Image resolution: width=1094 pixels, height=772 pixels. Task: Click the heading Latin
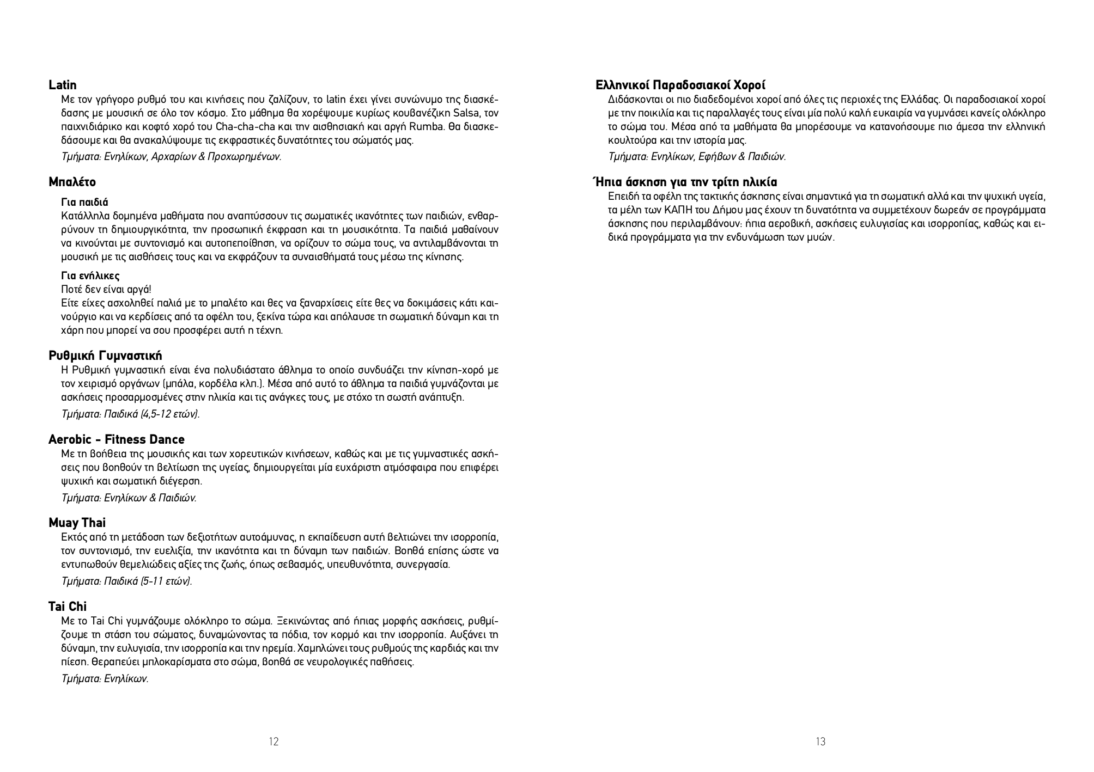(63, 85)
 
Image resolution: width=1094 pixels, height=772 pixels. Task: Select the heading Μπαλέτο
(72, 182)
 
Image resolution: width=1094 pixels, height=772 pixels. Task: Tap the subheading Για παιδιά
(84, 203)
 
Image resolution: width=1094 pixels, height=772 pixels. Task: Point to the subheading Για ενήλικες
(90, 276)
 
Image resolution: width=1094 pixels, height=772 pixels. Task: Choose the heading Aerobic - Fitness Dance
(116, 440)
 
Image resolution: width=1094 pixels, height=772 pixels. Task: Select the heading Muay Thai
(77, 523)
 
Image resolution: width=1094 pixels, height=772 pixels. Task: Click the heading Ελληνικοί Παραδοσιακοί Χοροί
(680, 85)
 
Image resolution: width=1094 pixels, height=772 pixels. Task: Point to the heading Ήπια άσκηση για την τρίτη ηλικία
(685, 182)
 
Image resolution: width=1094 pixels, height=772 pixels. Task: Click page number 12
(273, 742)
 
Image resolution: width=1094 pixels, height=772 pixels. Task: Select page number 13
(820, 742)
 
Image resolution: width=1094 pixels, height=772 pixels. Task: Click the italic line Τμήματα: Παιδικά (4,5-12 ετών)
(131, 414)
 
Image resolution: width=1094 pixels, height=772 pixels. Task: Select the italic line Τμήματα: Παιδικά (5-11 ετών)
(127, 581)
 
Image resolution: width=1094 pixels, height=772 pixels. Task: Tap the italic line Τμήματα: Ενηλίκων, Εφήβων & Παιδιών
(697, 157)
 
